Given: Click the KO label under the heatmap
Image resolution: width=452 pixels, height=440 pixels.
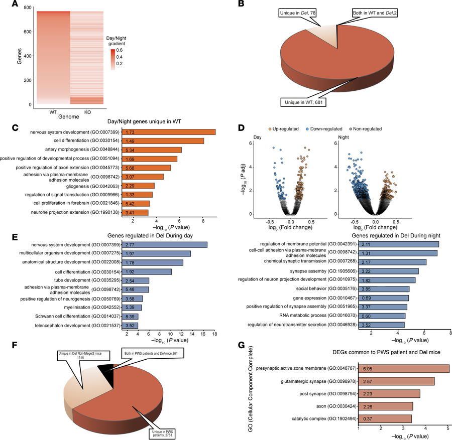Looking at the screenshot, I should [86, 111].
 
